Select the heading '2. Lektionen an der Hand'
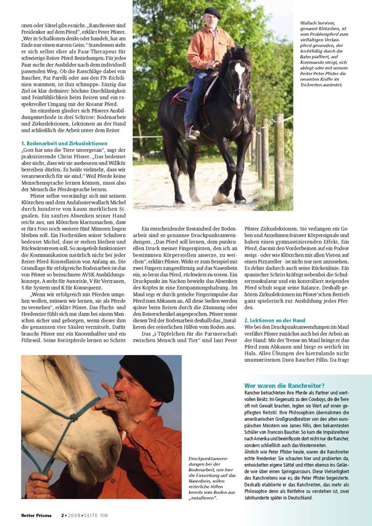click(x=275, y=320)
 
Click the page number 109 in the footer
click(x=103, y=514)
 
